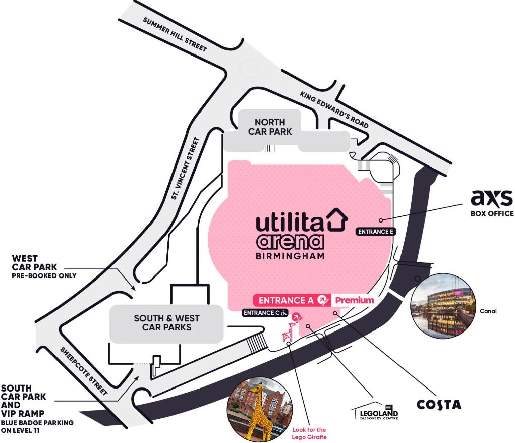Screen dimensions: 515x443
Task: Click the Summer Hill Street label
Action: tap(175, 34)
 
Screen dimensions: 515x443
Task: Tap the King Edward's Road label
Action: tap(334, 109)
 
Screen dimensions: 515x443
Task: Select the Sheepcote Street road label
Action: tap(84, 371)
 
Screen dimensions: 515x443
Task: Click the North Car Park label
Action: tap(270, 127)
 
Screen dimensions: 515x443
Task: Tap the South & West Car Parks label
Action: tap(166, 323)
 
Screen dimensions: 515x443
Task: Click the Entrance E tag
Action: tap(376, 232)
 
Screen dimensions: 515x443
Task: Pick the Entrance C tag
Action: tap(265, 313)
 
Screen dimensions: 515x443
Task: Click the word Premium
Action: tap(355, 300)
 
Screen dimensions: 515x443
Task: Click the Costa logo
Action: tap(439, 405)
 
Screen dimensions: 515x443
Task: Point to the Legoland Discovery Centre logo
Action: tap(375, 411)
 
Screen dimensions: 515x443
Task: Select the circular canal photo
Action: tap(443, 306)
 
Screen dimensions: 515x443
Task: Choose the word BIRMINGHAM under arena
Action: tap(290, 256)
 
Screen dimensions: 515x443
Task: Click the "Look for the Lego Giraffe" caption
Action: tap(309, 433)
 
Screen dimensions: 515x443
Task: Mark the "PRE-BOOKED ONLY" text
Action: tap(44, 275)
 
